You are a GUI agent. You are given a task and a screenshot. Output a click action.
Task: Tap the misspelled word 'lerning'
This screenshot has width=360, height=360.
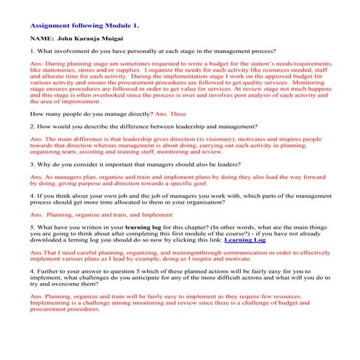tap(86, 259)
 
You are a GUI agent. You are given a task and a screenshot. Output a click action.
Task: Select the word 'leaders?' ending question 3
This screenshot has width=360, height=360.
tap(218, 164)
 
